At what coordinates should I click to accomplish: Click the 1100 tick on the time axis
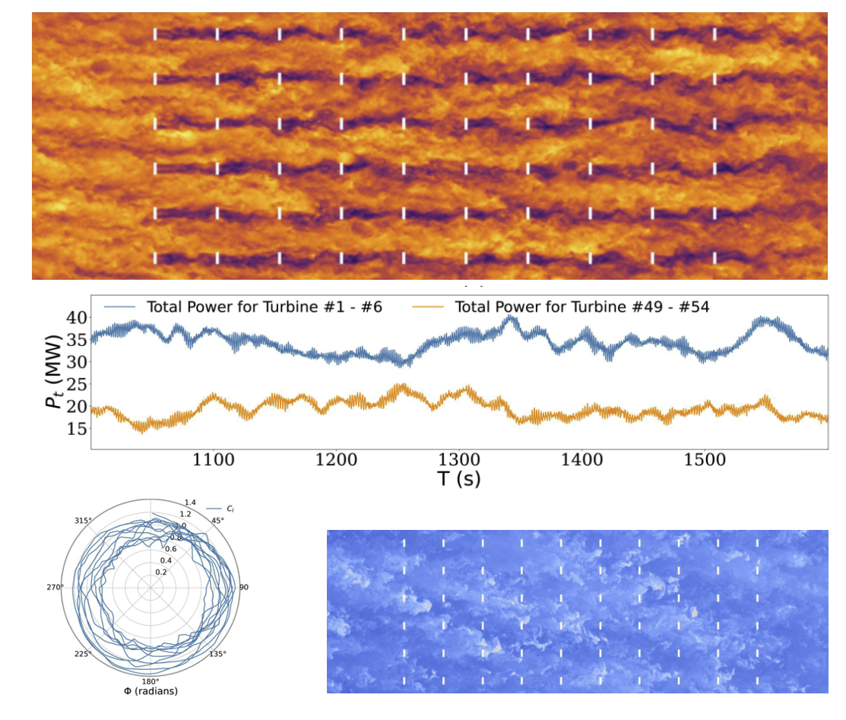[213, 460]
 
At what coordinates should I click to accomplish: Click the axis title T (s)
[458, 479]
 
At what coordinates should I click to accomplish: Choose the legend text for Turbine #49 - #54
[581, 307]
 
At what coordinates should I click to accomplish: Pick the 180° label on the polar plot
[150, 681]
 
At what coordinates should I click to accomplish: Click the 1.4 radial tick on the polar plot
[190, 503]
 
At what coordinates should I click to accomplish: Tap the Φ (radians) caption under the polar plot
[150, 691]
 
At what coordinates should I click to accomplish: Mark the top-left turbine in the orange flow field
[155, 34]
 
